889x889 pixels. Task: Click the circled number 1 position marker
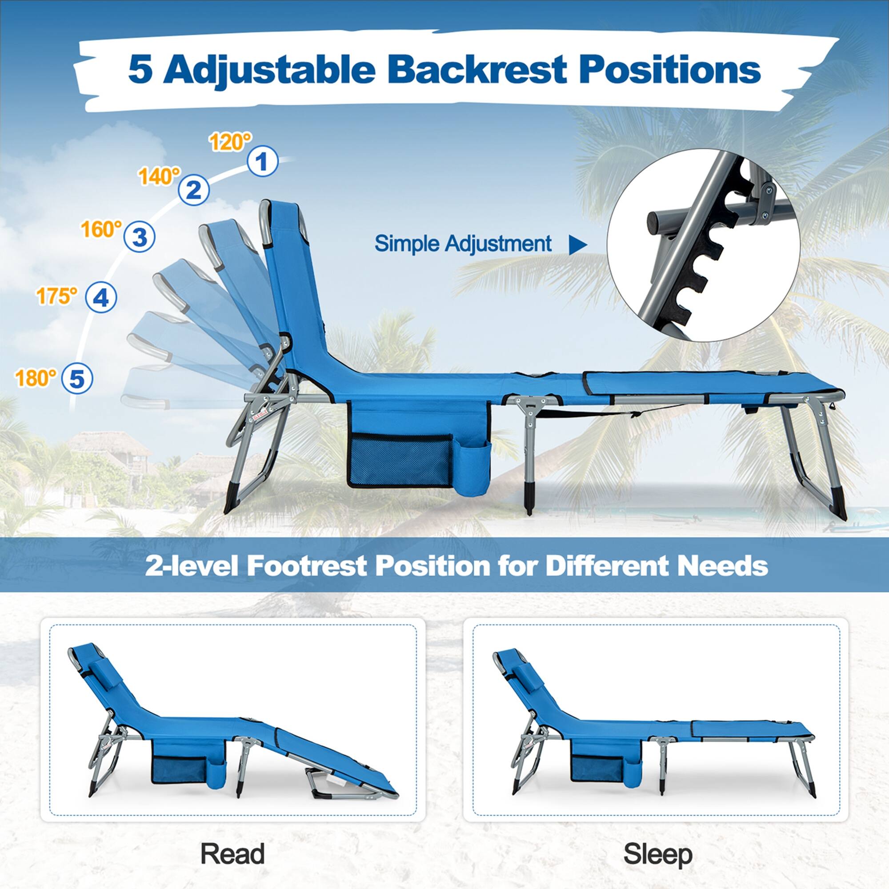(263, 161)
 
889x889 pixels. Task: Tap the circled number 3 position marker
(140, 236)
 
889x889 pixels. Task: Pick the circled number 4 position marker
(101, 298)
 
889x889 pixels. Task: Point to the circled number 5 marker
(77, 379)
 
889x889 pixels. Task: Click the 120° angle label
(231, 142)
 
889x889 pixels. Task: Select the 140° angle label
(159, 176)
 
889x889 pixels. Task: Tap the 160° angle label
(102, 228)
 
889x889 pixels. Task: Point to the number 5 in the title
(140, 70)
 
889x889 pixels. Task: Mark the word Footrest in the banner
(306, 566)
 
